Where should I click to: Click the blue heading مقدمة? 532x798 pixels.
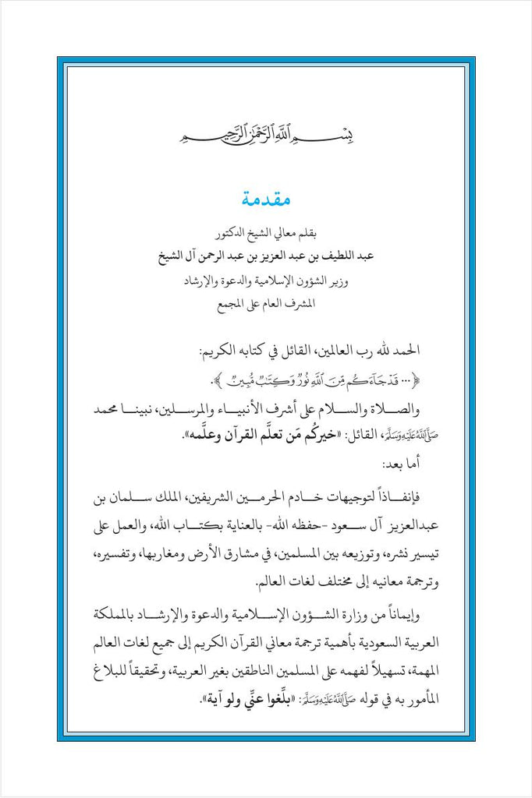265,201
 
